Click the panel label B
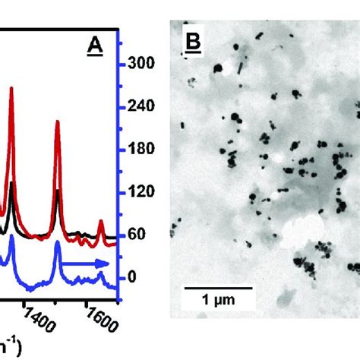tap(193, 49)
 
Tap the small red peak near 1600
tap(101, 221)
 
